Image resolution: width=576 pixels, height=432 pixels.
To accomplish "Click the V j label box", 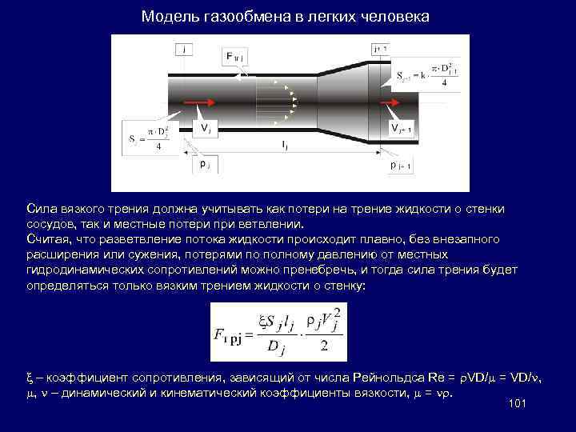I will pyautogui.click(x=206, y=128).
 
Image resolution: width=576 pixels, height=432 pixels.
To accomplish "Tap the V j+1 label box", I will pyautogui.click(x=401, y=129).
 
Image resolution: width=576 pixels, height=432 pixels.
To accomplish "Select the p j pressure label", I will pyautogui.click(x=205, y=163).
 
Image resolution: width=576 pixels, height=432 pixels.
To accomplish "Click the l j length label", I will pyautogui.click(x=286, y=145).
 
